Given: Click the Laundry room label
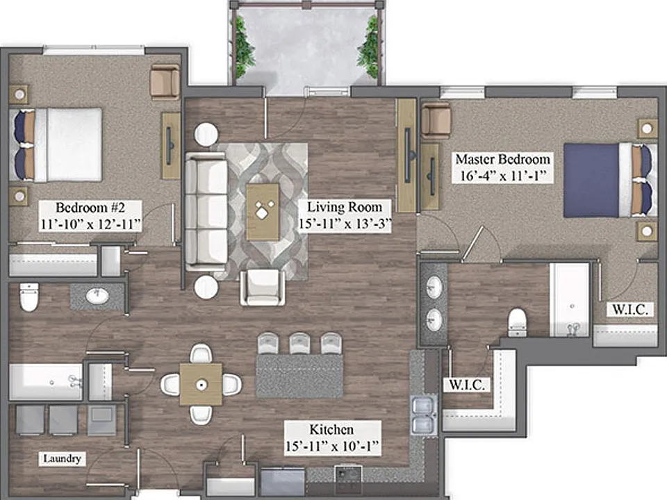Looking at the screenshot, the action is click(62, 458).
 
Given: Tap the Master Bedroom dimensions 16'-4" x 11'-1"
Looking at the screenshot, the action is click(502, 176).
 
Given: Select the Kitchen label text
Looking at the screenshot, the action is click(331, 429).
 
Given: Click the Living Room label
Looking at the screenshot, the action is click(345, 207).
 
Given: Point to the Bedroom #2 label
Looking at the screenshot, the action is click(90, 208).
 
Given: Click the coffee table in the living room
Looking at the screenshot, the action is click(263, 211).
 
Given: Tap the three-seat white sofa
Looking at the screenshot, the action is click(206, 211).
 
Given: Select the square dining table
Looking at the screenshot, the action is click(201, 384).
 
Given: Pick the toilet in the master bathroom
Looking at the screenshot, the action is click(517, 322).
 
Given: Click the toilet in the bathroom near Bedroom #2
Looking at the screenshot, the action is click(29, 297).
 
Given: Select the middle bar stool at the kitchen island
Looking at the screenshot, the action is click(300, 343).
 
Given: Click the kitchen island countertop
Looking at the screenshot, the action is click(299, 376).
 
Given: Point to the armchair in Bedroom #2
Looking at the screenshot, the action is click(165, 82).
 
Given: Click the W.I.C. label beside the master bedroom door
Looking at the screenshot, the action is click(630, 309).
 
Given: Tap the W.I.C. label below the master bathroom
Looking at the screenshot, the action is click(467, 385).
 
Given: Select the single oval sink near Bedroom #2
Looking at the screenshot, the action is click(97, 296).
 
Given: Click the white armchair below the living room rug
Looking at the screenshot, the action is click(263, 287).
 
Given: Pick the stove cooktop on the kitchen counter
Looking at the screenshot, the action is click(348, 474).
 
